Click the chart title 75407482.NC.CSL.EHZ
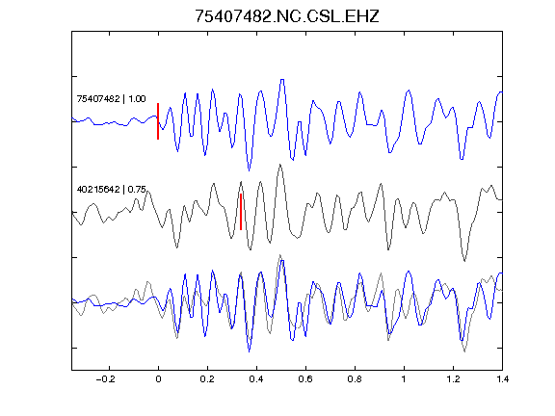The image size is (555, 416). (287, 16)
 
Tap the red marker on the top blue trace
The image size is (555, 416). (158, 121)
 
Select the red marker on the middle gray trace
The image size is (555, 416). (241, 212)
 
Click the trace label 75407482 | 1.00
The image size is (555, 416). (111, 98)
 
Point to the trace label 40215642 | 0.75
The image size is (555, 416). (111, 190)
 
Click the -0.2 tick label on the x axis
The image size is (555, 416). (106, 379)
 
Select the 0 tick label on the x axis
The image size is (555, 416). (158, 379)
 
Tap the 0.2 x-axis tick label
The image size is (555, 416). (207, 379)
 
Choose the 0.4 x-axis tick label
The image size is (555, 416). (256, 379)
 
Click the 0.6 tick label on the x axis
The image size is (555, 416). (305, 379)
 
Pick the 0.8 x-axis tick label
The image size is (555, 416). (355, 379)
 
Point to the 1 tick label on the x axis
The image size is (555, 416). (404, 379)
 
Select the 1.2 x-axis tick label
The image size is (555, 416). (453, 379)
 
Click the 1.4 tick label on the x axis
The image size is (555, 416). (502, 379)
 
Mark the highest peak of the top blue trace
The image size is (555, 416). (282, 80)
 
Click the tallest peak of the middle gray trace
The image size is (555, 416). (280, 165)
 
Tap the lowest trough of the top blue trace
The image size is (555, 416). (250, 170)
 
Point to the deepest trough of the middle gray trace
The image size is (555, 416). (464, 261)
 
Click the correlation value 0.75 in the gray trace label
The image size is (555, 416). (137, 190)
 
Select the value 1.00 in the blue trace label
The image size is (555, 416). (137, 98)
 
